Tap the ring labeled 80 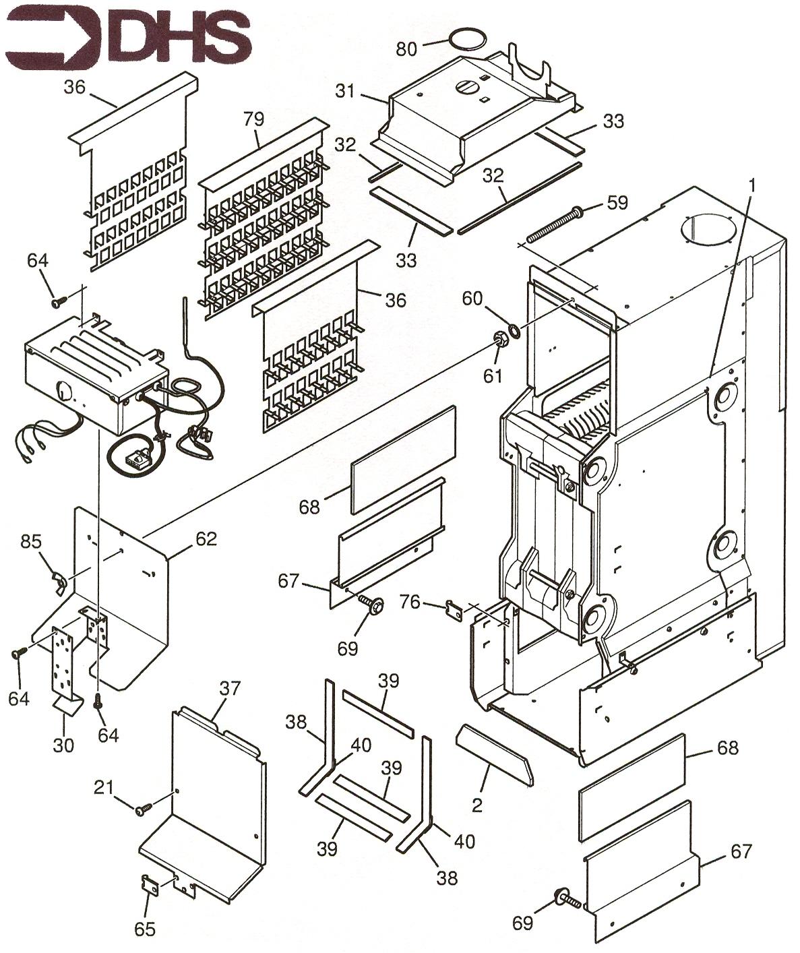point(468,38)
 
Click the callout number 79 point(255,120)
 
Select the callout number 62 point(206,539)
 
